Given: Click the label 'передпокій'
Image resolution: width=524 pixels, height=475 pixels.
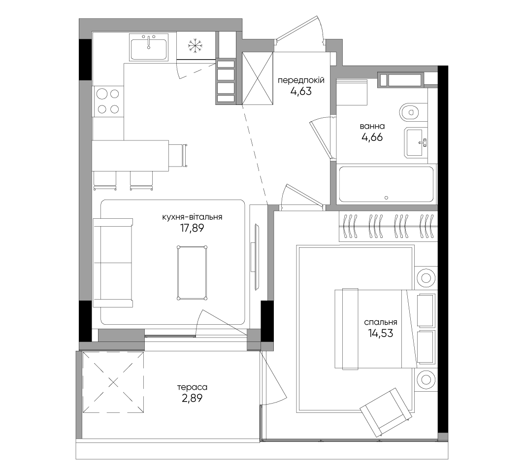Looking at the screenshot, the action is tap(301, 80).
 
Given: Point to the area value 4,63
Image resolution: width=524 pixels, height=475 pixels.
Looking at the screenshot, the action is tap(301, 91).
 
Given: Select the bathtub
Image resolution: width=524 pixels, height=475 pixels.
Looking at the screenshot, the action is tap(386, 184).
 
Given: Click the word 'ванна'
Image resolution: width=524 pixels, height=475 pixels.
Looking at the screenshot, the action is tap(372, 126).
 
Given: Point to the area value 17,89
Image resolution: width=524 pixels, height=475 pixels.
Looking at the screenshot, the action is tap(192, 228).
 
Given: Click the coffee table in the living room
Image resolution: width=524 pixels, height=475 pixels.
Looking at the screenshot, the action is tap(192, 273).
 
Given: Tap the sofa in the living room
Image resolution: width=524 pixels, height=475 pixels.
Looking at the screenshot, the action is tap(113, 263).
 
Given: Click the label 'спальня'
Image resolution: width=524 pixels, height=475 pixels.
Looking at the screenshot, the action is tap(381, 322).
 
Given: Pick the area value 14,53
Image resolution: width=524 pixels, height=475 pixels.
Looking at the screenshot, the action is tap(381, 333).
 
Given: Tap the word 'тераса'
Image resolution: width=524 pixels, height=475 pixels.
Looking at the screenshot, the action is tap(192, 387).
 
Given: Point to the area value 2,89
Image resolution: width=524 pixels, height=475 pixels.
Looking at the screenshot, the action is tap(192, 398).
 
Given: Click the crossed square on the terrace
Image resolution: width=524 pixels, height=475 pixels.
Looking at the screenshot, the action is tap(113, 381).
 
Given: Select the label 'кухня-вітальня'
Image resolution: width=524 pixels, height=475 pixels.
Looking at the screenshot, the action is tap(192, 217).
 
